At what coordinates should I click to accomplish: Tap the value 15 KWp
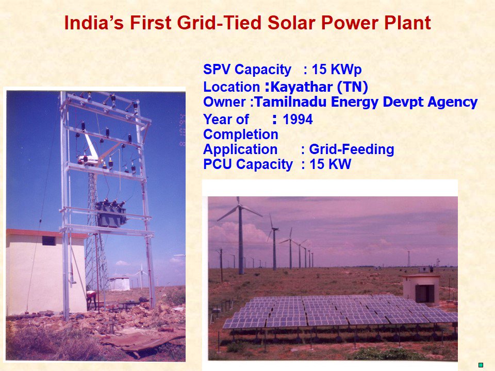pyautogui.click(x=340, y=70)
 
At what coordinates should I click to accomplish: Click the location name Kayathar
pyautogui.click(x=302, y=86)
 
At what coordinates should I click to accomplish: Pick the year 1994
pyautogui.click(x=298, y=120)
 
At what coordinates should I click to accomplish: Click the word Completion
pyautogui.click(x=240, y=135)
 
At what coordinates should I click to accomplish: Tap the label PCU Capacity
pyautogui.click(x=247, y=165)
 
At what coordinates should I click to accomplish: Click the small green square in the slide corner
pyautogui.click(x=481, y=365)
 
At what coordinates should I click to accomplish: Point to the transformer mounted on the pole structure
pyautogui.click(x=110, y=214)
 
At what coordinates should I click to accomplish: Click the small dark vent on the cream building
pyautogui.click(x=48, y=241)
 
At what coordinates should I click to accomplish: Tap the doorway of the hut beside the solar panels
pyautogui.click(x=424, y=293)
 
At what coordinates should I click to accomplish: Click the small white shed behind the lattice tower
pyautogui.click(x=120, y=283)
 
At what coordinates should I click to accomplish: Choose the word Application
pyautogui.click(x=240, y=150)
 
